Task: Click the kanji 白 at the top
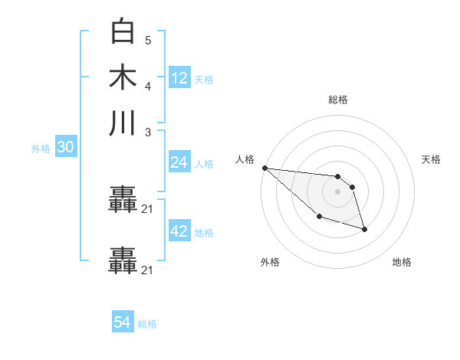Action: [x=123, y=32]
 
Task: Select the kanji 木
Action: [x=123, y=77]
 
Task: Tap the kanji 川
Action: [x=123, y=123]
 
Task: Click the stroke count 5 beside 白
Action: [x=147, y=41]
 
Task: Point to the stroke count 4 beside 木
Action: [x=147, y=85]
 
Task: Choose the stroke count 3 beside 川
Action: [x=147, y=132]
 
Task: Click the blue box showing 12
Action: [x=179, y=77]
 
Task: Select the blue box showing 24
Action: [x=179, y=162]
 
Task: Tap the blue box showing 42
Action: [x=179, y=231]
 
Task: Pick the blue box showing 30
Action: [x=65, y=148]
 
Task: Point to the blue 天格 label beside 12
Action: [x=204, y=79]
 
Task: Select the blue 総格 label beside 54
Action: [x=147, y=324]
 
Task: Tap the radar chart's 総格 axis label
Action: [x=337, y=100]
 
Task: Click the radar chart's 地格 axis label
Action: [x=402, y=263]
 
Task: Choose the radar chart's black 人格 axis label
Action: [x=245, y=159]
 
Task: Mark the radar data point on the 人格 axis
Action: [x=264, y=168]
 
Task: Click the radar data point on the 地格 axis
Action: [x=364, y=229]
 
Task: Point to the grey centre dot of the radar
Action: [x=337, y=191]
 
